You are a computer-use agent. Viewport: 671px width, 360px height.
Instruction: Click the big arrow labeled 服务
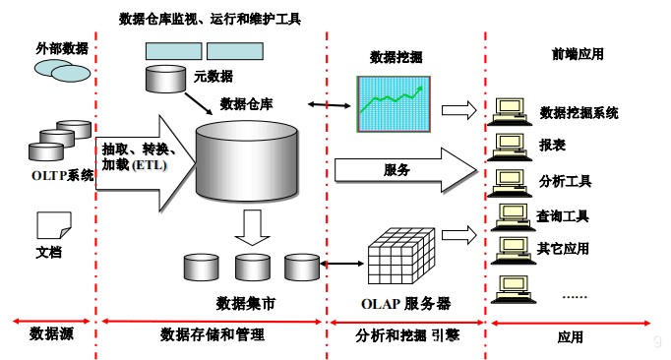click(x=403, y=169)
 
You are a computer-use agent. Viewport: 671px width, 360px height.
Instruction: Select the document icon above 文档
click(x=48, y=224)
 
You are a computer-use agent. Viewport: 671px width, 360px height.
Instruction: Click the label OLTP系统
click(x=61, y=177)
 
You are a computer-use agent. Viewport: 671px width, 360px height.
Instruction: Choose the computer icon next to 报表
click(x=509, y=144)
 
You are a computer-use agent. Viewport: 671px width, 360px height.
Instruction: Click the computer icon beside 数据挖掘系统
click(x=509, y=110)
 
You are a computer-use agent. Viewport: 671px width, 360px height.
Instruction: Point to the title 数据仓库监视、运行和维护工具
click(x=209, y=19)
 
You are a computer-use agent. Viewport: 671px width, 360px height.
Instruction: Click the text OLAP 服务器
click(x=406, y=303)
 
